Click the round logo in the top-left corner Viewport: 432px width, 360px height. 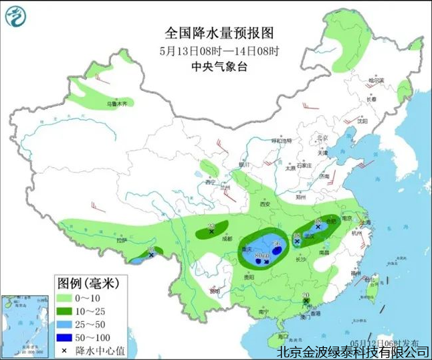pyautogui.click(x=14, y=15)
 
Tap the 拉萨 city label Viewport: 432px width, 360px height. pyautogui.click(x=120, y=240)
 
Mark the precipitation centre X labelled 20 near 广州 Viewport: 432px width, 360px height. pyautogui.click(x=306, y=302)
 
